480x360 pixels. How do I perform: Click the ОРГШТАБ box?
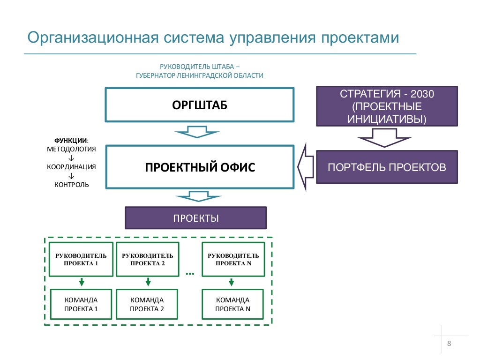coord(199,105)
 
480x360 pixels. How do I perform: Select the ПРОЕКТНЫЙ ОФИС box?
coord(199,167)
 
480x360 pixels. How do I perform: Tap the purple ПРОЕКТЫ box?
coord(195,218)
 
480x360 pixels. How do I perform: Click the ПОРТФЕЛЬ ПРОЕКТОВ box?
coord(387,167)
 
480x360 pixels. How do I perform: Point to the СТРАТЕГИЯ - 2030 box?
coord(387,106)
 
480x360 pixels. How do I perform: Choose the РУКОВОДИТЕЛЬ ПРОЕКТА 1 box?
coord(81,259)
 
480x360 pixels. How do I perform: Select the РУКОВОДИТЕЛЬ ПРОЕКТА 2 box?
coord(147,259)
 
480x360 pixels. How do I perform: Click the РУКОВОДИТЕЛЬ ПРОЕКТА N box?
coord(233,259)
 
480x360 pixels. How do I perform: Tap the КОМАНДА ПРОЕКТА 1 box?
coord(81,304)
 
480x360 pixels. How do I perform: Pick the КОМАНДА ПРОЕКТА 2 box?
coord(147,304)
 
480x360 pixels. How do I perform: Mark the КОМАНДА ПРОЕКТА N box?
coord(233,304)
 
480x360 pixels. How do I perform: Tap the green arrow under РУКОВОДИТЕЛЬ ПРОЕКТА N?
coord(232,282)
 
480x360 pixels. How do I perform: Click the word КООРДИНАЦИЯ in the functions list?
coord(71,167)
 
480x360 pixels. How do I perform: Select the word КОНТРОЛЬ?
coord(71,185)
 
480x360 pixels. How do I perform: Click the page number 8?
coord(449,344)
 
